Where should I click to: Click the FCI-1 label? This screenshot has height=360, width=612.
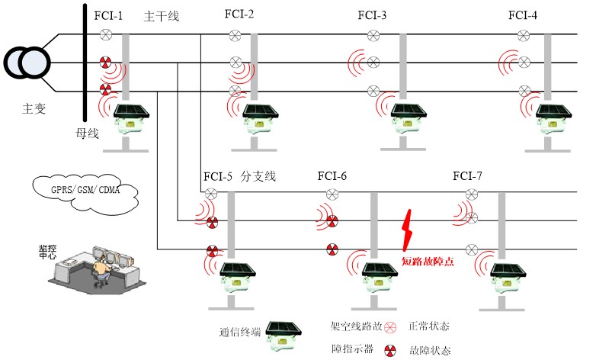click(107, 16)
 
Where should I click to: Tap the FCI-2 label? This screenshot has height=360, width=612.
click(239, 14)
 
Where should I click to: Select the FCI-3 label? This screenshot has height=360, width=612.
click(372, 15)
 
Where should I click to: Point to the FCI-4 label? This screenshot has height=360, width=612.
click(523, 15)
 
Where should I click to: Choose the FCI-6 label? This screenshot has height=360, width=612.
click(332, 176)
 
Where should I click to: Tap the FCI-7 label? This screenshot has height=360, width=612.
click(467, 176)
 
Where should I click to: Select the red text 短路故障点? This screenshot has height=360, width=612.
click(428, 262)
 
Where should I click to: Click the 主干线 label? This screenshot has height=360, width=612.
click(161, 16)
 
